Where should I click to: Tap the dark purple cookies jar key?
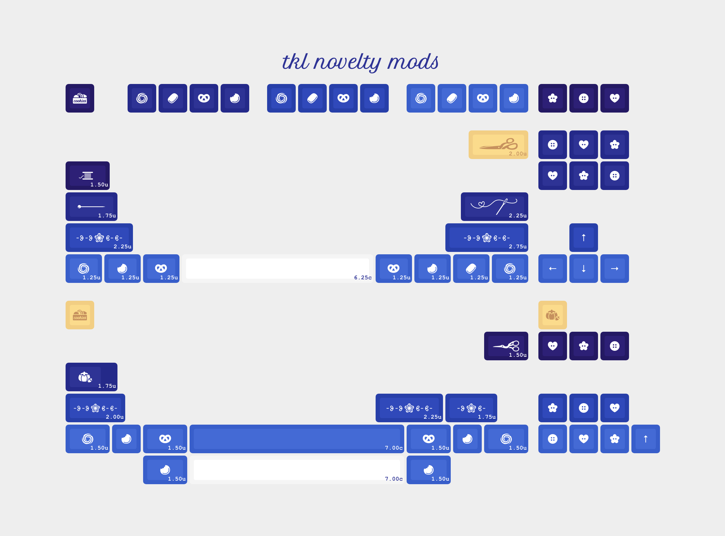[80, 98]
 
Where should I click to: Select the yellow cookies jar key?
[80, 315]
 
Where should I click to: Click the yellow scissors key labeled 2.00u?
[498, 145]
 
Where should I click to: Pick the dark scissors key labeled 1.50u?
[506, 346]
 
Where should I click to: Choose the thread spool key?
[87, 175]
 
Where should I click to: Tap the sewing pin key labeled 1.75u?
[91, 207]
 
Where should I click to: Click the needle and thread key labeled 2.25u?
[494, 207]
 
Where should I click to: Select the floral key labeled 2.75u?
[486, 238]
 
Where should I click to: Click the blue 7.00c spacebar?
[297, 439]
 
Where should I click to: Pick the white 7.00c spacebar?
[297, 470]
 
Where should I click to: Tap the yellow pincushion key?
[552, 315]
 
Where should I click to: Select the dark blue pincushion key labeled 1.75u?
[91, 377]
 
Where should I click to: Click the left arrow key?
[552, 269]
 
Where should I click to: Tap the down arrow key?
[583, 269]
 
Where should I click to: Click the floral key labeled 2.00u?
[95, 408]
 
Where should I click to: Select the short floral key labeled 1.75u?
[471, 408]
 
